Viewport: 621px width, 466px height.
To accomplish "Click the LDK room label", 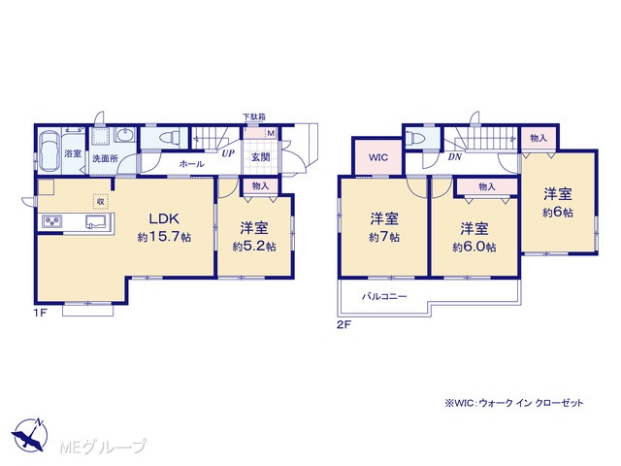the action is pyautogui.click(x=164, y=218).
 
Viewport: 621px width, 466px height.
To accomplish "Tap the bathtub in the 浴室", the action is pyautogui.click(x=49, y=151).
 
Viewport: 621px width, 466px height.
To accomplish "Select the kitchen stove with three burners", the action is pyautogui.click(x=51, y=221).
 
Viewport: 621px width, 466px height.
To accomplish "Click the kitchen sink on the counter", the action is pyautogui.click(x=95, y=221).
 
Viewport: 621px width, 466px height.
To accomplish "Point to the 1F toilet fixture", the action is pyautogui.click(x=169, y=138).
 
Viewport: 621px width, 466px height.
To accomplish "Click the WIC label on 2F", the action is pyautogui.click(x=378, y=157).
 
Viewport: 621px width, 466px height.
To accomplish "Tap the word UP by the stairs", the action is pyautogui.click(x=228, y=153).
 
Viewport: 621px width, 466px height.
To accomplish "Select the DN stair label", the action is pyautogui.click(x=455, y=157).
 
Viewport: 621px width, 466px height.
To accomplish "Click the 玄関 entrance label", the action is pyautogui.click(x=261, y=157).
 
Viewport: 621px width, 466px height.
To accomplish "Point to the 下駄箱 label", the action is pyautogui.click(x=254, y=116).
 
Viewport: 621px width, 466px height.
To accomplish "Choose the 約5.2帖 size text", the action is pyautogui.click(x=254, y=247).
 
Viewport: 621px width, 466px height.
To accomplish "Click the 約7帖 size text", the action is pyautogui.click(x=384, y=237).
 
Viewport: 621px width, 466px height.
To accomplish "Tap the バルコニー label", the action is pyautogui.click(x=384, y=296).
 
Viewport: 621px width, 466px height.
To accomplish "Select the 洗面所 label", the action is pyautogui.click(x=105, y=159).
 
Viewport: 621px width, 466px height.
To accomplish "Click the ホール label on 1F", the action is pyautogui.click(x=192, y=164).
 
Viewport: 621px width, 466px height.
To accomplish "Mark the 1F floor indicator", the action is pyautogui.click(x=40, y=313).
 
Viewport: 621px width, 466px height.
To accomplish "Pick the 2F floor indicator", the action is pyautogui.click(x=343, y=325).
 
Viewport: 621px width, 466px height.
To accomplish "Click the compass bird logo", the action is pyautogui.click(x=30, y=435).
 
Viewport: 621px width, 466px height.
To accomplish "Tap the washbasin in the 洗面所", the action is pyautogui.click(x=125, y=136).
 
